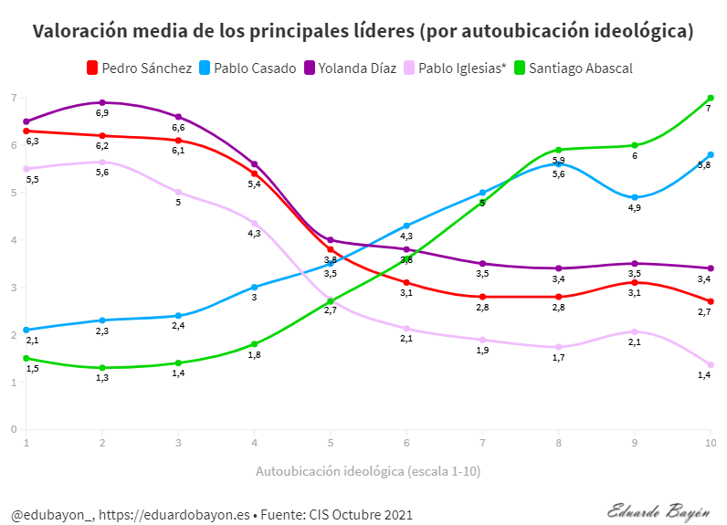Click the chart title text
coord(363,31)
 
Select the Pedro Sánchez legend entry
coord(139,68)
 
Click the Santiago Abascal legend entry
coord(574,68)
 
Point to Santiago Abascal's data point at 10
coord(711,98)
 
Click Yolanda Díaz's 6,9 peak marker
coord(102,102)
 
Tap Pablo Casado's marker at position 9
coord(635,197)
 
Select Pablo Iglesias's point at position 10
coord(711,365)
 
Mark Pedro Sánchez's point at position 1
coord(26,131)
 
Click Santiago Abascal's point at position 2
coord(102,368)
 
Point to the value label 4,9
coord(634,208)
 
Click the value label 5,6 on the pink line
coord(102,173)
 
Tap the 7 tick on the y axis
coord(14,98)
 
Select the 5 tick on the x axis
coord(331,442)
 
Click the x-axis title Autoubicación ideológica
coord(368,471)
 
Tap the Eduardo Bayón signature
coord(658,509)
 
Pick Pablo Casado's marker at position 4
coord(254,287)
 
